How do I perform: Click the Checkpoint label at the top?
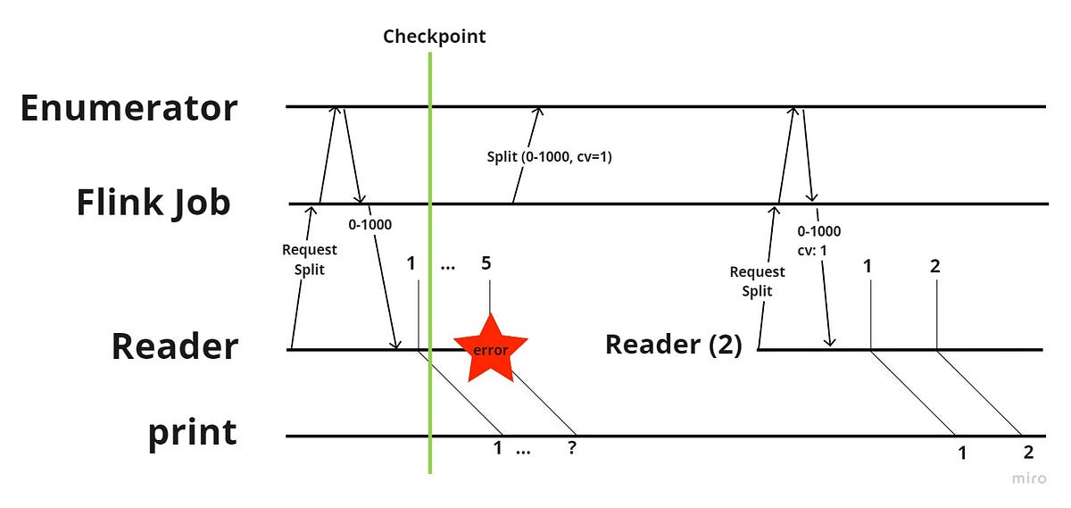[435, 37]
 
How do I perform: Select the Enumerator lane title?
[129, 108]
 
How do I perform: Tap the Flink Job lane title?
[153, 203]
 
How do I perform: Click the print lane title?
[193, 433]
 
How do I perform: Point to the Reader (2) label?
[673, 345]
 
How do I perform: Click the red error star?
[490, 349]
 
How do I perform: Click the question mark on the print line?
[571, 449]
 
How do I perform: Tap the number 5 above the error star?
[486, 263]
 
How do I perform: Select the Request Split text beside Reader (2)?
[757, 279]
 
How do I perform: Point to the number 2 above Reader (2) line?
[934, 265]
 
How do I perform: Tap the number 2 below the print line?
[1028, 452]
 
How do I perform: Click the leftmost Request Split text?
[309, 258]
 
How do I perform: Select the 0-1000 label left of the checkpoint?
[369, 224]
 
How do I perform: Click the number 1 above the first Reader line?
[411, 263]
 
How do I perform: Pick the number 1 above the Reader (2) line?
[868, 265]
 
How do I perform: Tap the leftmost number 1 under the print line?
[498, 448]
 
